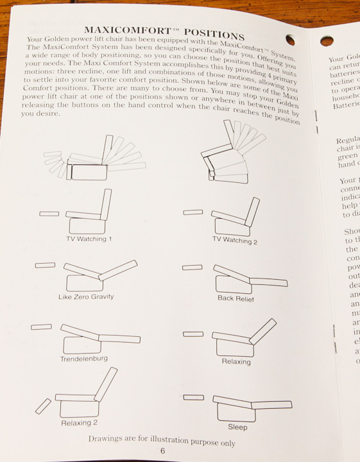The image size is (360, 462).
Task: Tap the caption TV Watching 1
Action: tap(89, 239)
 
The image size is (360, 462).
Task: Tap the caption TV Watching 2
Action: tap(235, 241)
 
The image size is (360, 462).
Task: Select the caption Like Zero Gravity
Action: tap(85, 296)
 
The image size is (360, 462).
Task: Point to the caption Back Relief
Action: tap(236, 299)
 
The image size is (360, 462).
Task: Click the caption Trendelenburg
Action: tap(83, 358)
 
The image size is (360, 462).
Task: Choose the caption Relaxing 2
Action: tap(80, 423)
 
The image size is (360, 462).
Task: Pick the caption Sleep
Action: tap(237, 427)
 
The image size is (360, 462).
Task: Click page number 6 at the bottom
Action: tap(162, 451)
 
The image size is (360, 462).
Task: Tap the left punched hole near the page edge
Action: tap(290, 39)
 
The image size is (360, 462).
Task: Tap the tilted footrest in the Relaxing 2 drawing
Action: tap(43, 406)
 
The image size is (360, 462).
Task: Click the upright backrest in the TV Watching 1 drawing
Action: tap(105, 204)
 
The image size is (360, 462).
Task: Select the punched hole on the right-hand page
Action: tap(327, 41)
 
